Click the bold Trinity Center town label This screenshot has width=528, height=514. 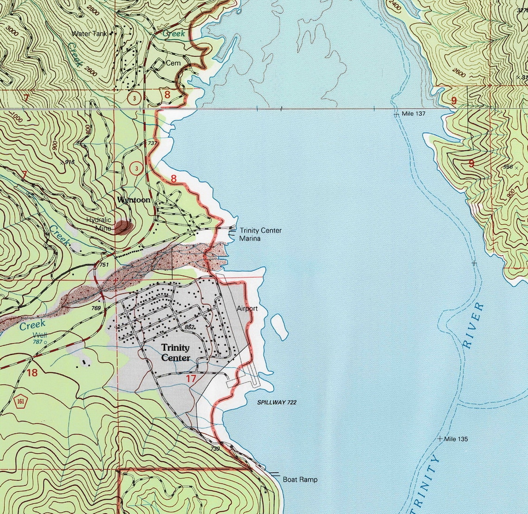click(x=175, y=353)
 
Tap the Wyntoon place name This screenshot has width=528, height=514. click(x=133, y=200)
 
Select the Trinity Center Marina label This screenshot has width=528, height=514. click(x=260, y=234)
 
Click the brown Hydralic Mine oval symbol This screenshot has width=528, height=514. click(x=124, y=227)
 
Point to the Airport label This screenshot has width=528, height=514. click(x=247, y=308)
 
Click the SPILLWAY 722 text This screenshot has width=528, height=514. click(x=277, y=403)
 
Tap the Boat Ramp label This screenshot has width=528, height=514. click(x=300, y=480)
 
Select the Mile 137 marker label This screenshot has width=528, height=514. click(x=413, y=113)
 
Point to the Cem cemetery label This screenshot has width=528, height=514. click(x=173, y=63)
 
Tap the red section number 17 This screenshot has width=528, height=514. click(x=190, y=379)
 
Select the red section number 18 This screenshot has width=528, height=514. click(x=32, y=372)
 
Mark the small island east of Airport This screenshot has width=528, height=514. click(x=279, y=326)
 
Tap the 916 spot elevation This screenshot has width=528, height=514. click(x=70, y=161)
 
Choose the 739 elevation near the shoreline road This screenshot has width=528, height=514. click(x=214, y=448)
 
